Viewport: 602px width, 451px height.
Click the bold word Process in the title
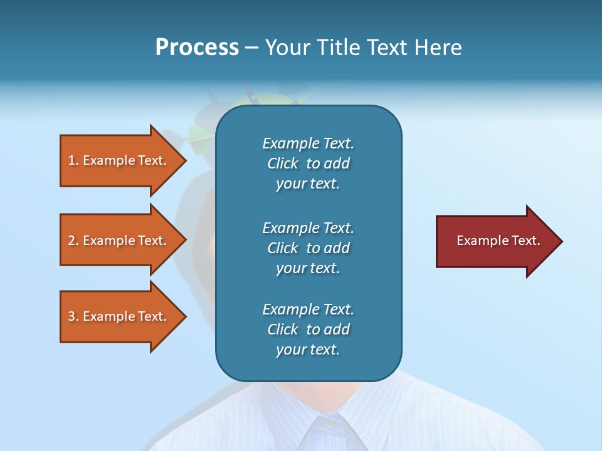point(197,48)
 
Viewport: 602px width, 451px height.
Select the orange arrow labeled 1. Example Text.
point(119,160)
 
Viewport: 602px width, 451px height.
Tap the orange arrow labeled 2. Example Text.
point(119,241)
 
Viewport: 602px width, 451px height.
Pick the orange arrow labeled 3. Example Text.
point(119,316)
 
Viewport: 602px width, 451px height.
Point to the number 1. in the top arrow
point(73,160)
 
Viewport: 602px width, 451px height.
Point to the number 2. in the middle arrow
point(73,241)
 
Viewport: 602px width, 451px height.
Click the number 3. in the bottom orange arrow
point(73,316)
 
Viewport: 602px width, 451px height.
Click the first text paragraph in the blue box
point(308,163)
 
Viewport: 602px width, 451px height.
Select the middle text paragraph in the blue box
point(308,248)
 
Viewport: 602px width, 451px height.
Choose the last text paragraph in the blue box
point(308,329)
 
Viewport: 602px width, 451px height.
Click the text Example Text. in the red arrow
point(498,241)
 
